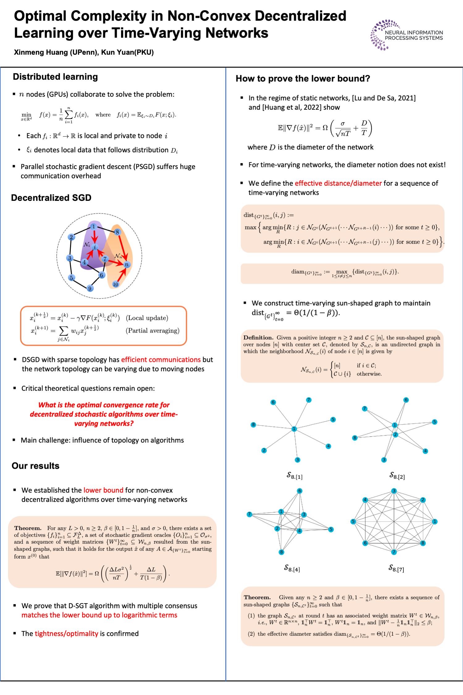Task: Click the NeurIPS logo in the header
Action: click(406, 35)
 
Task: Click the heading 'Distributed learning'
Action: click(55, 77)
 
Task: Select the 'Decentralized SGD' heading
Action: click(51, 198)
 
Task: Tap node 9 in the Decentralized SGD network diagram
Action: click(90, 288)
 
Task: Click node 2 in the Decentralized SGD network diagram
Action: click(71, 237)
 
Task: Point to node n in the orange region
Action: click(126, 265)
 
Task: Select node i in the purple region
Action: click(95, 247)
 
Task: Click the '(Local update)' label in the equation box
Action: click(147, 318)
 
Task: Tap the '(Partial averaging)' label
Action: click(152, 331)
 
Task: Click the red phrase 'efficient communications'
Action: click(161, 360)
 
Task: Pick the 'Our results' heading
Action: click(36, 466)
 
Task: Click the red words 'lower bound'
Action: click(103, 490)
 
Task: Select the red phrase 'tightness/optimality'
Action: click(66, 634)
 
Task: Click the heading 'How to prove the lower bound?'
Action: click(303, 78)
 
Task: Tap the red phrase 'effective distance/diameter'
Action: click(338, 183)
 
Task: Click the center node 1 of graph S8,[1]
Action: click(294, 429)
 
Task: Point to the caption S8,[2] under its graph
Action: click(397, 476)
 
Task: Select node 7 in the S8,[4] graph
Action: click(249, 514)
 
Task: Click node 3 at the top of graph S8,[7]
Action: click(394, 491)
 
